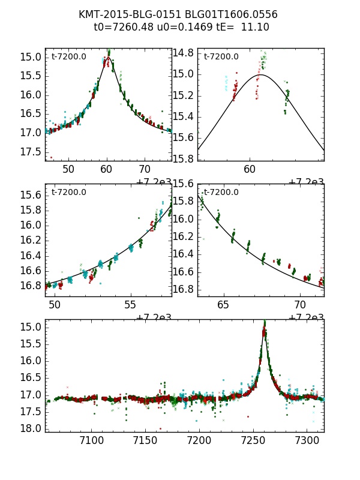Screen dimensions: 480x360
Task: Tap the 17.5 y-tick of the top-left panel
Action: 30,152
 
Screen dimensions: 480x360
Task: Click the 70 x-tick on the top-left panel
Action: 145,170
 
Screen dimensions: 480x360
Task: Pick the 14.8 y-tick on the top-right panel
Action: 183,53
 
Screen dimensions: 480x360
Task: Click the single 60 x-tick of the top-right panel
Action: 251,170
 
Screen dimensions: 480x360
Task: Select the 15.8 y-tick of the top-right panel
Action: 183,159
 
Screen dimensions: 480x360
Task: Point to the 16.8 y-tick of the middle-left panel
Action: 30,286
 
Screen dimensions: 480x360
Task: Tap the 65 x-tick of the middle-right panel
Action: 223,305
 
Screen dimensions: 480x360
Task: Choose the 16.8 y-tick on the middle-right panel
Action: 183,290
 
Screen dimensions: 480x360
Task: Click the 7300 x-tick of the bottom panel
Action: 308,441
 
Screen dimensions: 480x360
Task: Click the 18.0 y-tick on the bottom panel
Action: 30,428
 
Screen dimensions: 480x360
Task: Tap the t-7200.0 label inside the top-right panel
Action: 221,57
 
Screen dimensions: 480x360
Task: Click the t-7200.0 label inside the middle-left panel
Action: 69,193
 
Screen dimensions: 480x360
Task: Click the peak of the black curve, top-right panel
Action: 262,74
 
